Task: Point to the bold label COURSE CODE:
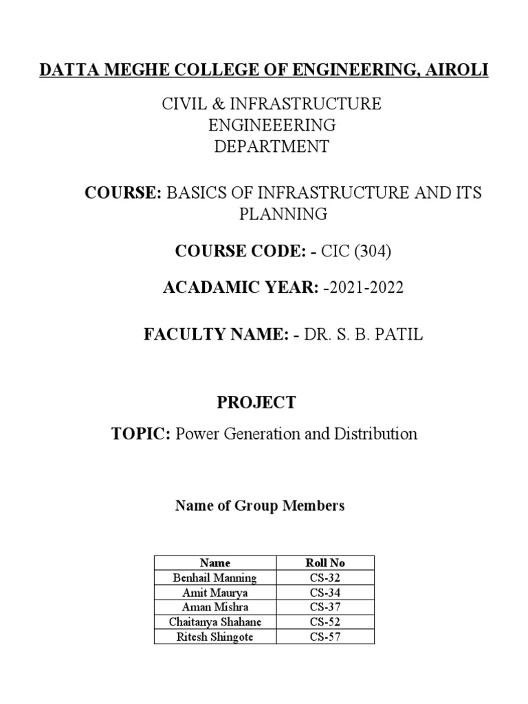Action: [239, 252]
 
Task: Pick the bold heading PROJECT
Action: [256, 403]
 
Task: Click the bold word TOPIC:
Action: [140, 434]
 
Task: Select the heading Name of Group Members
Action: [260, 507]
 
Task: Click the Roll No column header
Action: [325, 562]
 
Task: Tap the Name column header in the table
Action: [214, 562]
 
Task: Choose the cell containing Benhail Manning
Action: [214, 577]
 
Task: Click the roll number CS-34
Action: [325, 593]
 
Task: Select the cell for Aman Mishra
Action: [214, 607]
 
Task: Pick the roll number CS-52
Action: [325, 622]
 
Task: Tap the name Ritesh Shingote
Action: [214, 637]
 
